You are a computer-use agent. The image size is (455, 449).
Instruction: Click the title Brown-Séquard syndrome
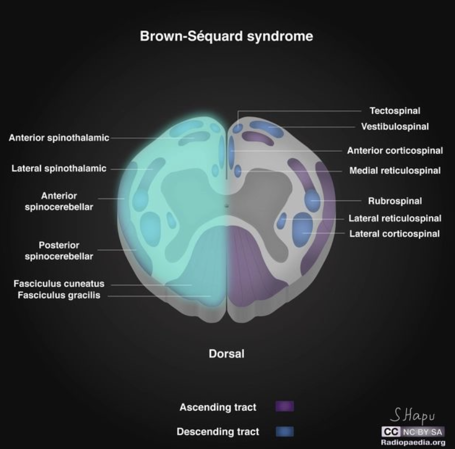[x=226, y=36]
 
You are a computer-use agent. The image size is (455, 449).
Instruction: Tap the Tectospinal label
[x=394, y=111]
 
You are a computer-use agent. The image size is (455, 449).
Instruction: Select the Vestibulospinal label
[x=394, y=126]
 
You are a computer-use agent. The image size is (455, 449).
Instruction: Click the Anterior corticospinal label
[x=394, y=151]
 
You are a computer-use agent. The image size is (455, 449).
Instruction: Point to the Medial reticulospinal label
[x=394, y=170]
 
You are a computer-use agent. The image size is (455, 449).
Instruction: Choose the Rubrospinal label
[x=394, y=201]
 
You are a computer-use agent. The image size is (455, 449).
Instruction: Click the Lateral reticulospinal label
[x=394, y=218]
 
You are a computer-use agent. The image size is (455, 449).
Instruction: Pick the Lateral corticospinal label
[x=394, y=234]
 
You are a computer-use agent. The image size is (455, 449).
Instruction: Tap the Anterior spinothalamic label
[x=59, y=138]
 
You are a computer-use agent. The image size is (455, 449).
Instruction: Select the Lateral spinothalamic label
[x=59, y=168]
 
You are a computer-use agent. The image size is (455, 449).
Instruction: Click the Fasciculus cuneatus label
[x=59, y=284]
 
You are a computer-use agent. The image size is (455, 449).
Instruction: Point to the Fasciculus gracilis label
[x=59, y=295]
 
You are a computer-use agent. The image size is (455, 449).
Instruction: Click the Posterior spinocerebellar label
[x=59, y=251]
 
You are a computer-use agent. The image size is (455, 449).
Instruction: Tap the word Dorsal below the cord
[x=226, y=354]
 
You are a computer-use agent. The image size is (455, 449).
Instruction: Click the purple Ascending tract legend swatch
[x=285, y=407]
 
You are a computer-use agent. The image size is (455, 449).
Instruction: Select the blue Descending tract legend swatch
[x=285, y=432]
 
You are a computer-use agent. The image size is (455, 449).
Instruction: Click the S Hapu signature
[x=413, y=416]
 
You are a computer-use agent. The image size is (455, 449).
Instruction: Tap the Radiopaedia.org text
[x=413, y=442]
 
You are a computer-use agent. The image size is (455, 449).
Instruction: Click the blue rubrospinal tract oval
[x=312, y=200]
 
